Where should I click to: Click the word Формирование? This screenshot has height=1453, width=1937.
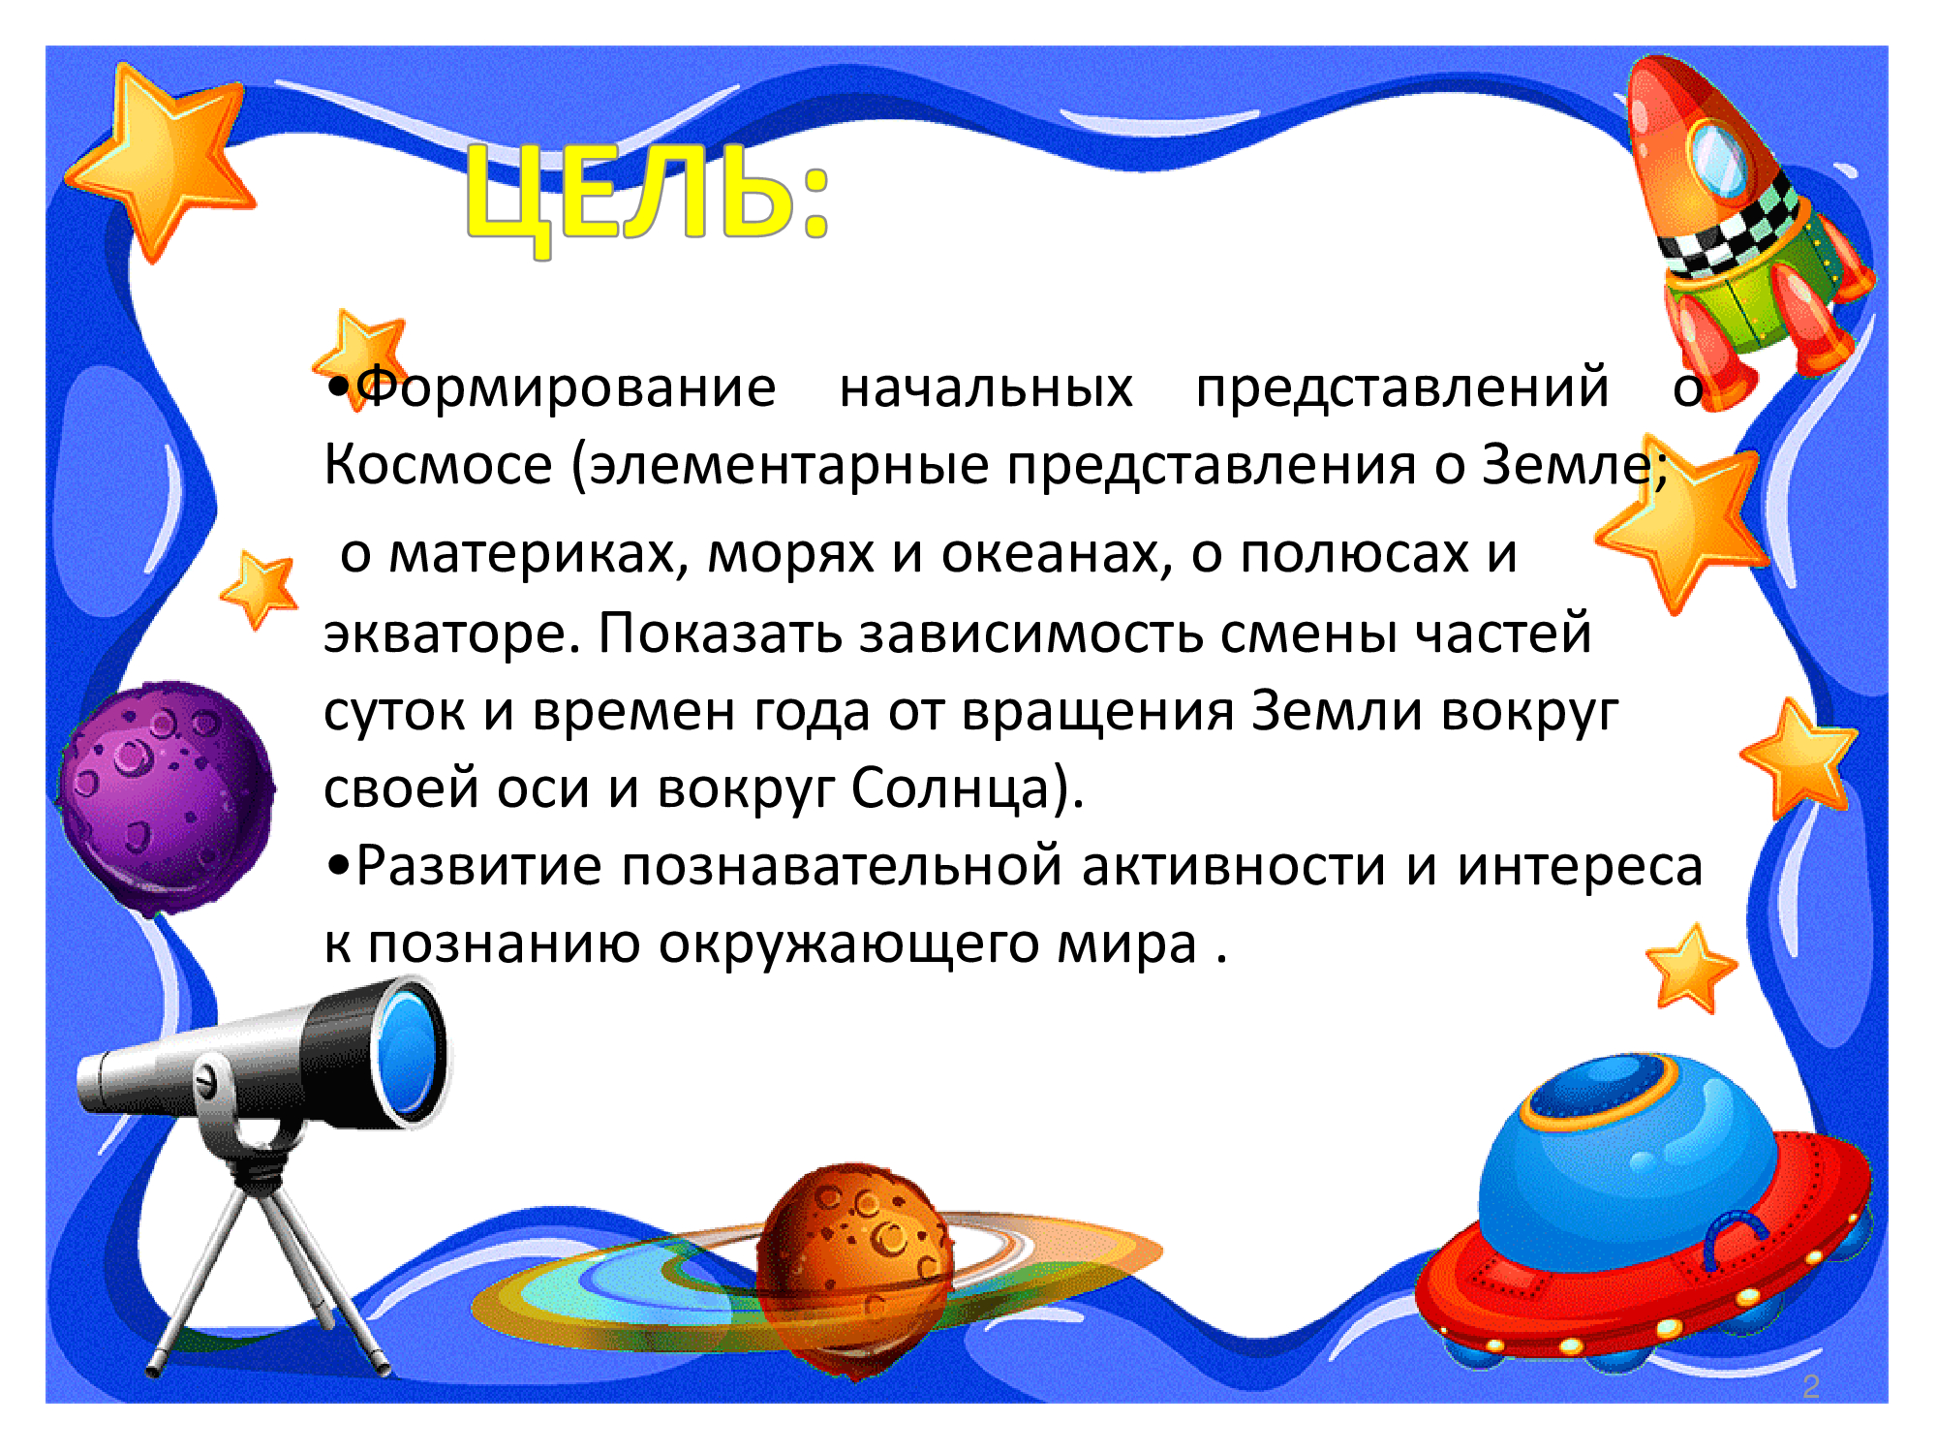click(567, 389)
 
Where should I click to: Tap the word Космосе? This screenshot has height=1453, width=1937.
click(438, 465)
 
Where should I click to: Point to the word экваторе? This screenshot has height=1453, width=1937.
click(452, 635)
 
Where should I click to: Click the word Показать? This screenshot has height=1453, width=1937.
click(720, 634)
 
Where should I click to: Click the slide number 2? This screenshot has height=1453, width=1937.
click(1811, 1386)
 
